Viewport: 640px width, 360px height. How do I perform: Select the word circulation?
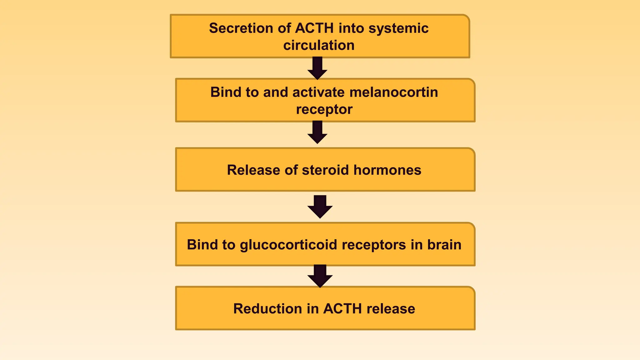click(319, 45)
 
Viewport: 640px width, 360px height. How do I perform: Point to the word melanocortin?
click(393, 92)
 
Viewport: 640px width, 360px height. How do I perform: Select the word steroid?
click(325, 170)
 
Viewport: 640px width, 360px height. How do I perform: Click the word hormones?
click(387, 170)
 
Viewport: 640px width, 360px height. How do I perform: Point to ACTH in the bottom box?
click(342, 309)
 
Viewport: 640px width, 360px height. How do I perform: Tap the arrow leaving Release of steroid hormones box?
click(320, 207)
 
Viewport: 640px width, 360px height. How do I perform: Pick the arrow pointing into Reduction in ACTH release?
click(320, 276)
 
